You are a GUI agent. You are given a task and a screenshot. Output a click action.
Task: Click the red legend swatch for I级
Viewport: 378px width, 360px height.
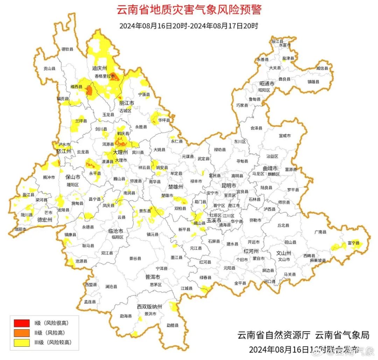(22, 323)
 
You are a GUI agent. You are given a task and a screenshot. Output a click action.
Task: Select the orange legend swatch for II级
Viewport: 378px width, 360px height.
(22, 333)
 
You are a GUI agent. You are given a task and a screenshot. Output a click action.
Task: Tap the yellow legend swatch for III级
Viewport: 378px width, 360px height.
(22, 343)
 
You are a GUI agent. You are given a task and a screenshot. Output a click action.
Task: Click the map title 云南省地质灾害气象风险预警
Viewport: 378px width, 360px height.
(189, 10)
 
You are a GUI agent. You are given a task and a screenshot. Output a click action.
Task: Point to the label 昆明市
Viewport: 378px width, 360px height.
(229, 185)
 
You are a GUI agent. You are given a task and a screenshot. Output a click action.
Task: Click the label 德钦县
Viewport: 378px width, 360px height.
(68, 49)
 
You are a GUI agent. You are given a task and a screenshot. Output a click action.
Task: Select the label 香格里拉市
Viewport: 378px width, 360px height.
(105, 76)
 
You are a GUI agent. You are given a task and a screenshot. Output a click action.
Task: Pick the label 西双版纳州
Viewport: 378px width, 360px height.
(149, 307)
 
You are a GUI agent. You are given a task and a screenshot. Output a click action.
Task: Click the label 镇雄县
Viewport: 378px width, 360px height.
(314, 82)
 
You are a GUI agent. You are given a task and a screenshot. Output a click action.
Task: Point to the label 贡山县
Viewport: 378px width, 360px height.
(49, 69)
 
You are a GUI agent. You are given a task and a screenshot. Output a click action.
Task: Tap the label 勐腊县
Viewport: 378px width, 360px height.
(173, 325)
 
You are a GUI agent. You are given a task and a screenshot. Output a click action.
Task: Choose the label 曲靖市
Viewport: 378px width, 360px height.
(270, 168)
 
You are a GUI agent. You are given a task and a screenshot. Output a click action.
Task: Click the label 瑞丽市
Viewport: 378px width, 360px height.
(20, 229)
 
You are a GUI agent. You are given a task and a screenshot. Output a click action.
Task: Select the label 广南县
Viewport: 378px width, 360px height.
(320, 232)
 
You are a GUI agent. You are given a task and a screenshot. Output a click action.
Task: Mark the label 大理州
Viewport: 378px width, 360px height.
(120, 153)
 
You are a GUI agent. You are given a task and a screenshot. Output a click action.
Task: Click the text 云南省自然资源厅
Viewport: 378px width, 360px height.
(274, 335)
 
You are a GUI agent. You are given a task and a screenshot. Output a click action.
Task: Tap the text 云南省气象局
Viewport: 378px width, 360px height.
(342, 335)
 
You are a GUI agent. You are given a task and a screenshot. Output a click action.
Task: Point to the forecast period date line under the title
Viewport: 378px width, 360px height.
(189, 26)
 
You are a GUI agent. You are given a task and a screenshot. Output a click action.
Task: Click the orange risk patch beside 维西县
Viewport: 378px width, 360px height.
(89, 90)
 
